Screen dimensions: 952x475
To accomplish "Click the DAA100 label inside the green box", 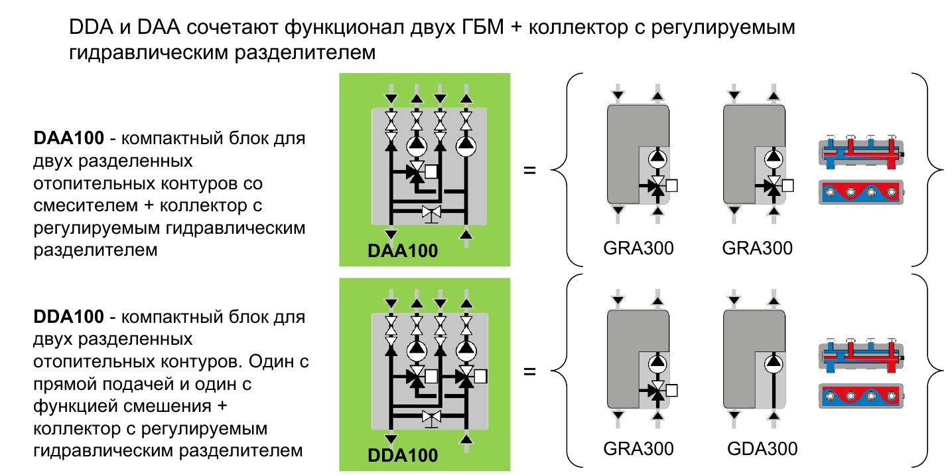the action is pos(403,250).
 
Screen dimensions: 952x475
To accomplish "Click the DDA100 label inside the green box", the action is pos(403,456).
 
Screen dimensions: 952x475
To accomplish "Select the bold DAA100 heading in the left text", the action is pos(69,138).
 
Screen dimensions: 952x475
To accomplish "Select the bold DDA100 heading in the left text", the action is pos(69,317).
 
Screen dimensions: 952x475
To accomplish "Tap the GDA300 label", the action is pos(762,448).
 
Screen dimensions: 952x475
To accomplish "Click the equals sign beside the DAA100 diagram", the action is pos(529,171).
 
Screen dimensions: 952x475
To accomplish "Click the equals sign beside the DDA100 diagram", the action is pos(529,371).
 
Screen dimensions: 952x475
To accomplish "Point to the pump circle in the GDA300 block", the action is pos(774,363).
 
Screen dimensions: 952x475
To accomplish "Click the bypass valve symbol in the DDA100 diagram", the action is pos(431,418).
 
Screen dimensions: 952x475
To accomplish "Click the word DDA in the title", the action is pos(91,27).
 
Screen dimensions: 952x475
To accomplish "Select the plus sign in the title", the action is pos(516,28).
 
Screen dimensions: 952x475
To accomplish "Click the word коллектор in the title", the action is pos(578,28).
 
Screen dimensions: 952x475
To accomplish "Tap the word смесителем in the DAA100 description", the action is pos(86,205).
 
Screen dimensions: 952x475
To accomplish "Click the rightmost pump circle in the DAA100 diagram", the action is pos(466,146).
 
